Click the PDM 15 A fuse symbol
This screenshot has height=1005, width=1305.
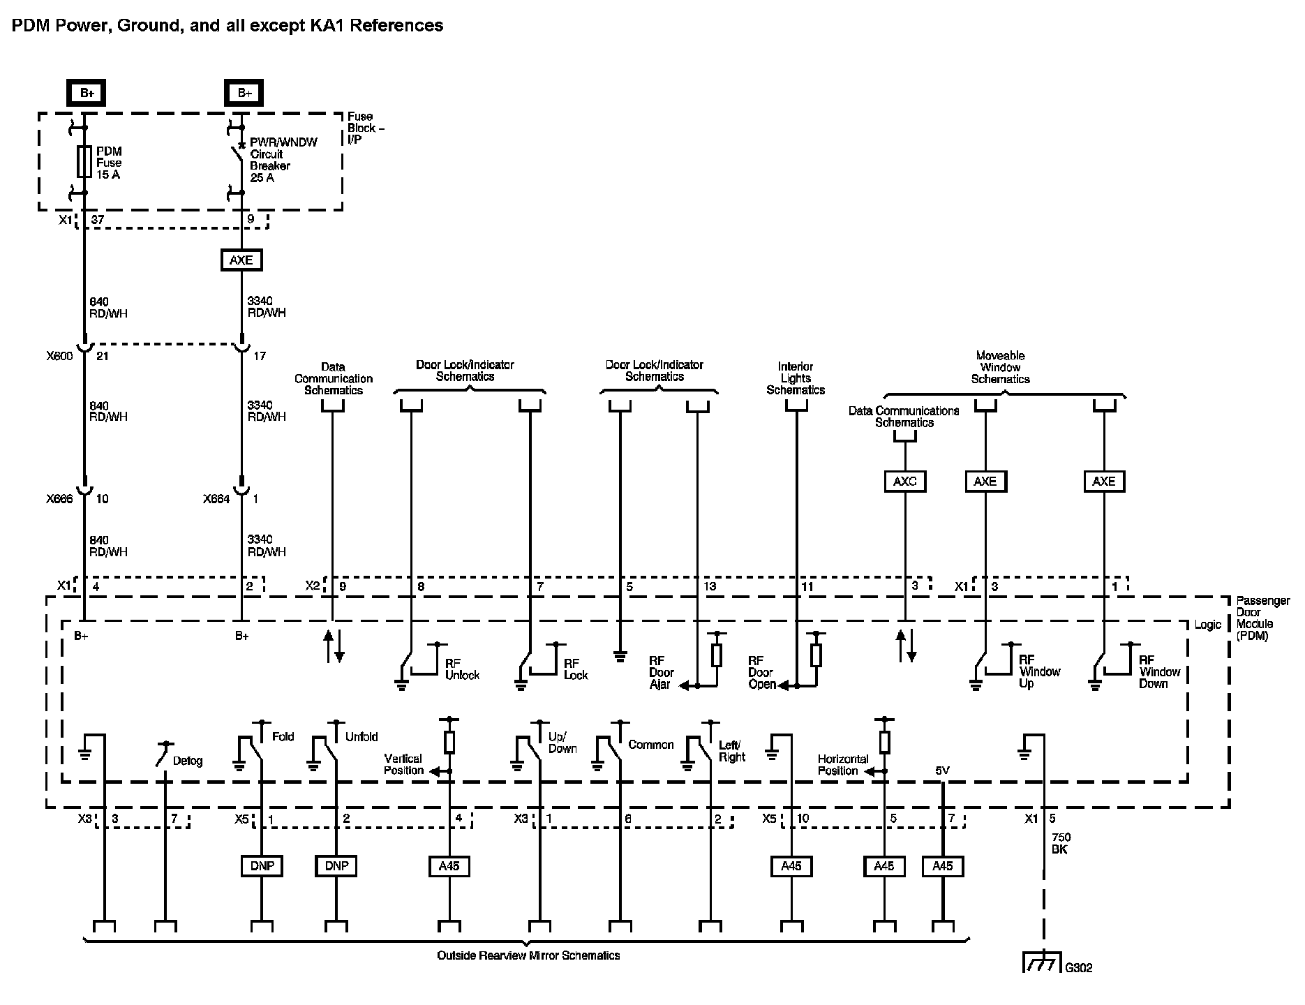pyautogui.click(x=84, y=161)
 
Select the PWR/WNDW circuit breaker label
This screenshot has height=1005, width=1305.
pyautogui.click(x=283, y=160)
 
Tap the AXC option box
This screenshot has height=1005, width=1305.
pyautogui.click(x=904, y=481)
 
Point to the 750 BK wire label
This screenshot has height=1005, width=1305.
pyautogui.click(x=1061, y=843)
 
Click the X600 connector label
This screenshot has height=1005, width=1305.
pyautogui.click(x=59, y=356)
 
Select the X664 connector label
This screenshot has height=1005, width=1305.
pyautogui.click(x=216, y=499)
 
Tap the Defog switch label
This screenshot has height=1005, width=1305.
pyautogui.click(x=188, y=761)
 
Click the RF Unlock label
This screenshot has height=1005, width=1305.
pyautogui.click(x=462, y=669)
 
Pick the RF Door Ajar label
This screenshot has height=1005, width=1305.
pyautogui.click(x=661, y=672)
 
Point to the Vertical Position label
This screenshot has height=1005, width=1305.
pyautogui.click(x=403, y=764)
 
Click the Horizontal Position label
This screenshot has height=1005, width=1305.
pyautogui.click(x=843, y=764)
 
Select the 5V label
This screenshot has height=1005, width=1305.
pyautogui.click(x=943, y=770)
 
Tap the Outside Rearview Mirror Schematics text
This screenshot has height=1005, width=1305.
pyautogui.click(x=528, y=955)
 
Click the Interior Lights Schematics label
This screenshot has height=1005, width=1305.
pyautogui.click(x=796, y=378)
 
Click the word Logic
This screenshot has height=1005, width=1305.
pyautogui.click(x=1207, y=625)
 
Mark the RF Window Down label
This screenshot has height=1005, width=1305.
pyautogui.click(x=1159, y=672)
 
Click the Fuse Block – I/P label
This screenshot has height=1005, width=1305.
pyautogui.click(x=366, y=128)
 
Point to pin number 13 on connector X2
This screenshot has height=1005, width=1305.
pyautogui.click(x=710, y=586)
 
